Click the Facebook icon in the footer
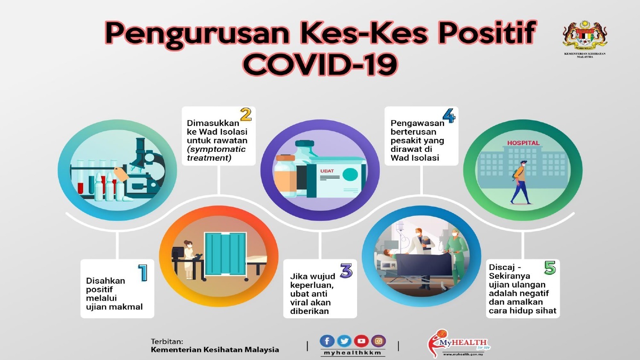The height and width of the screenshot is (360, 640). coord(327,341)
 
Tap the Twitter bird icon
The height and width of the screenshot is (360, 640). coord(344,341)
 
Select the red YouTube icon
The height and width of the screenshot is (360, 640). coord(361,341)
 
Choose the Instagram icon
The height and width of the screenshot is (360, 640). coord(378,341)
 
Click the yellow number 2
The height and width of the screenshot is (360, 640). coord(246,115)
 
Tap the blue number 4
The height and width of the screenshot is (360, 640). coord(449,116)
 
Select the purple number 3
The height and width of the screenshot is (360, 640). coord(346,270)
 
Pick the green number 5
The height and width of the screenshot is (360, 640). coord(550,267)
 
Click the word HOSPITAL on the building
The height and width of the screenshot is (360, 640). coord(523,143)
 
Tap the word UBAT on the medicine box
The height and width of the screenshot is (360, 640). coord(327,171)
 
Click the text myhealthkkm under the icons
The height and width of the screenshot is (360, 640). coord(352,353)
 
